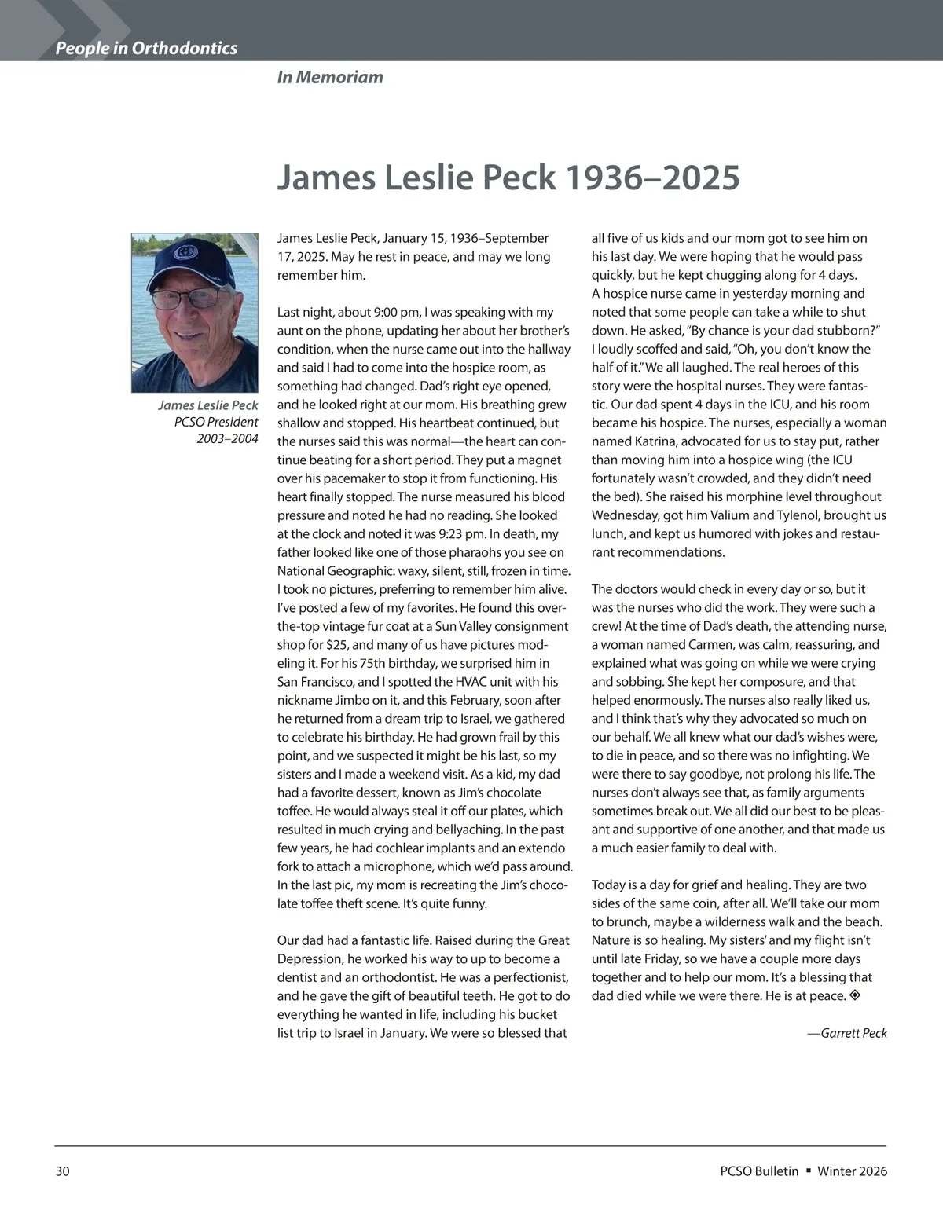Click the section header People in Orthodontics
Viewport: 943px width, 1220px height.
click(146, 49)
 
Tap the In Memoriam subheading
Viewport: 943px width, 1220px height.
click(330, 77)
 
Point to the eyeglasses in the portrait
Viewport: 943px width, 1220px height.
click(186, 298)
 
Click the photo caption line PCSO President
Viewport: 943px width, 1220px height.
click(216, 422)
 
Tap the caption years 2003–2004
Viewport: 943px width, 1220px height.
click(227, 438)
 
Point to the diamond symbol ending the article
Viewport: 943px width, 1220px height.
click(856, 996)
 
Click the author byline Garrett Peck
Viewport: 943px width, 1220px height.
click(853, 1033)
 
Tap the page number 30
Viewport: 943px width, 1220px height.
click(63, 1171)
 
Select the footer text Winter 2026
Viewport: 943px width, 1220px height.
click(852, 1171)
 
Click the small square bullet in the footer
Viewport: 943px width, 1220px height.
click(808, 1171)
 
